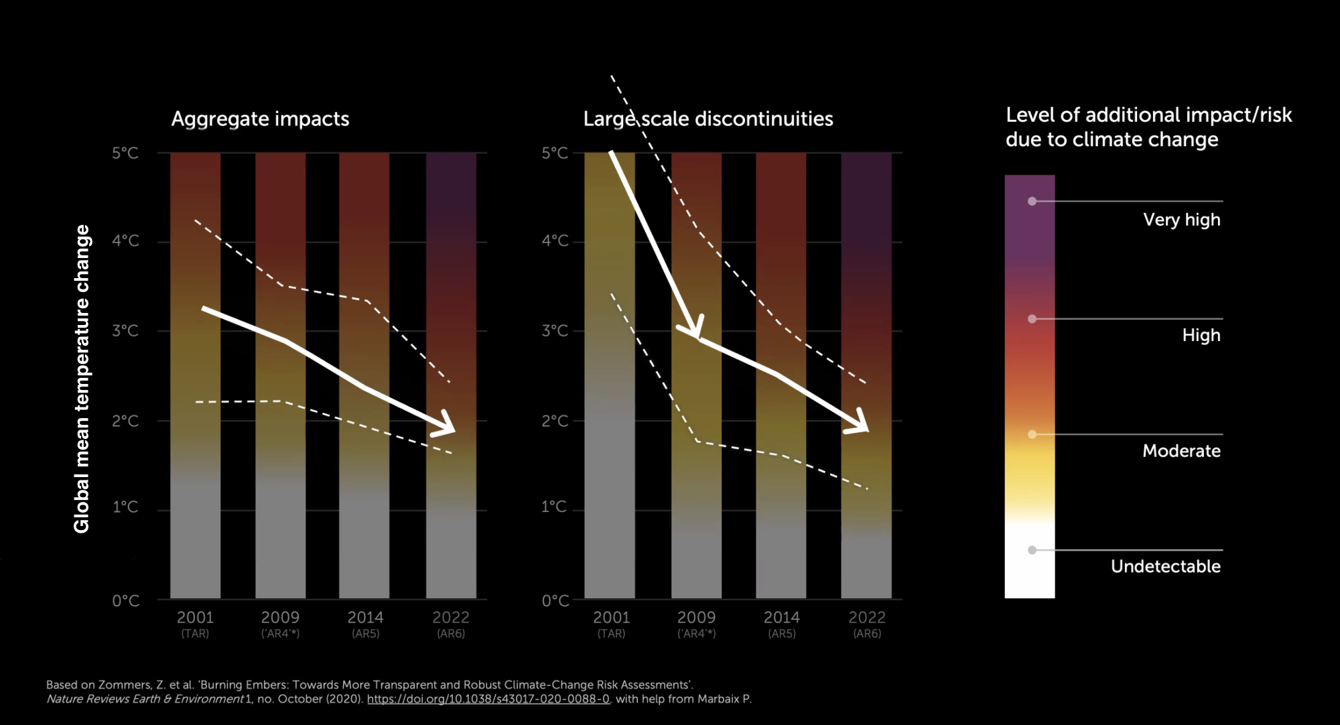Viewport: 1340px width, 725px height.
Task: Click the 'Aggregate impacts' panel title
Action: coord(260,119)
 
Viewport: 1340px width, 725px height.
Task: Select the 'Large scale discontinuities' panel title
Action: coord(708,119)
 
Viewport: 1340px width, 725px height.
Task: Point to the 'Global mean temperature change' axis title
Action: coord(82,379)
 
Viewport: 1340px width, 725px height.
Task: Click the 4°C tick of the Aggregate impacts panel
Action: coord(125,241)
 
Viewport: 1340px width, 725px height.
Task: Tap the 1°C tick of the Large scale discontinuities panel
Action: coord(554,507)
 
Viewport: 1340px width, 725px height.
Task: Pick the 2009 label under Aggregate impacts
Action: coord(280,617)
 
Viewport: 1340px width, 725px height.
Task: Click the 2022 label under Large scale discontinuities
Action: coord(867,617)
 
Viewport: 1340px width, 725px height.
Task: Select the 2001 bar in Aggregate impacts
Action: coord(195,375)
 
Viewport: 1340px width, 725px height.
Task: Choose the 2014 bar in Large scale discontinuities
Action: coord(781,375)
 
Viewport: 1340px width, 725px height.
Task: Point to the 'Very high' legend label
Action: coord(1181,220)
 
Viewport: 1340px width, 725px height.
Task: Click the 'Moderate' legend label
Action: coord(1181,451)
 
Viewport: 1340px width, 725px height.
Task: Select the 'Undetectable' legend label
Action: coord(1165,566)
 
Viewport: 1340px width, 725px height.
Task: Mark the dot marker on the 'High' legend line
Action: coord(1032,319)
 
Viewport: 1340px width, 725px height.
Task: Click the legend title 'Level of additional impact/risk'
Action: coord(1148,115)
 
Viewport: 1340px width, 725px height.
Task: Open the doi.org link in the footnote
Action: coord(488,699)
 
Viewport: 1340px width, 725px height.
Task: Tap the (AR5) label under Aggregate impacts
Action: coord(366,634)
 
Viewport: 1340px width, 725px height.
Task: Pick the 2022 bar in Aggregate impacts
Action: coord(451,375)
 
